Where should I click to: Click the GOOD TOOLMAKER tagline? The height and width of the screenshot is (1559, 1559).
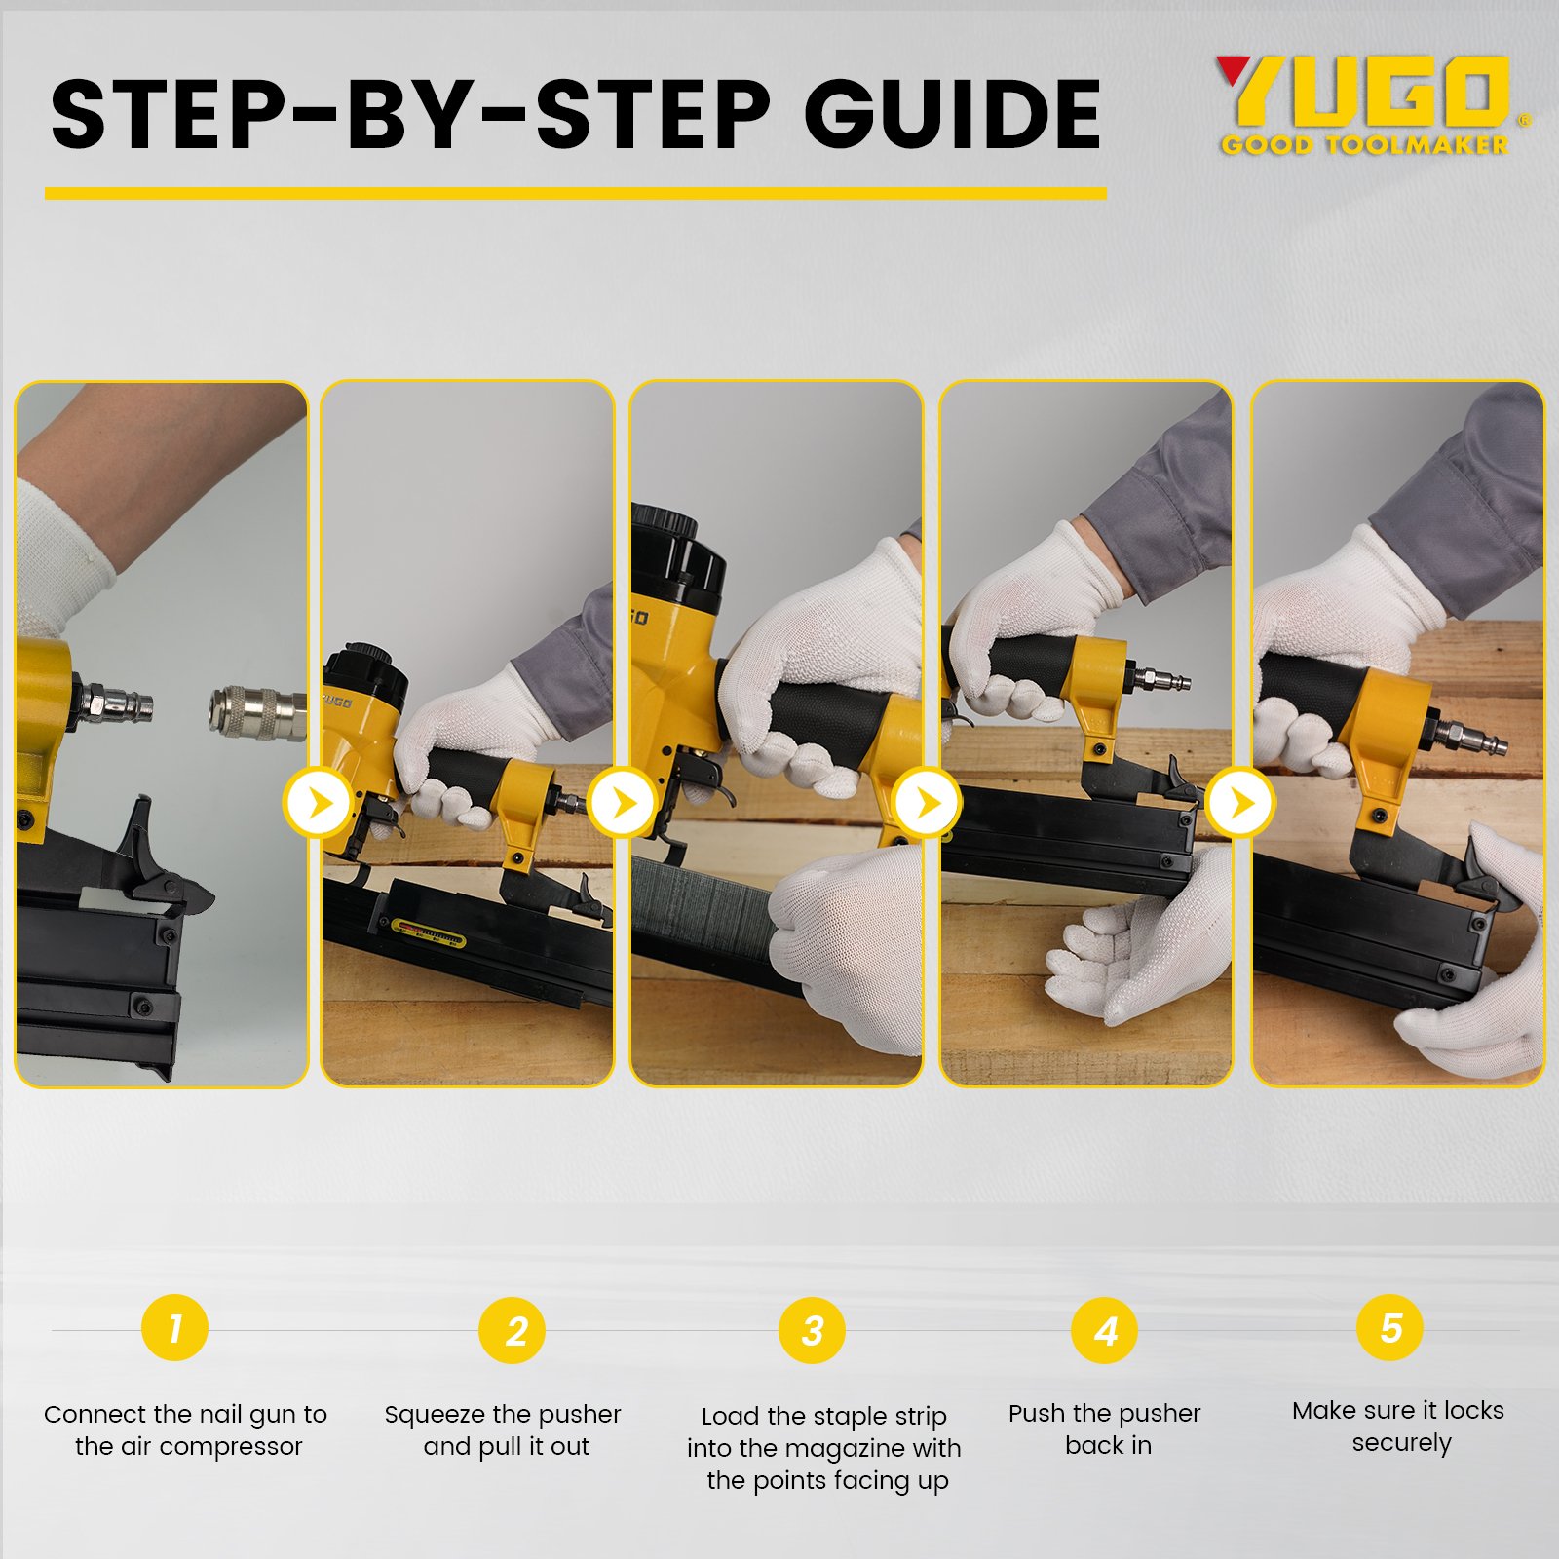pos(1365,145)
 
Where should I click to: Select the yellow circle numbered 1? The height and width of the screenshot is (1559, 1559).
pos(174,1327)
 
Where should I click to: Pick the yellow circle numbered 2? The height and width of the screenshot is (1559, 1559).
pos(512,1331)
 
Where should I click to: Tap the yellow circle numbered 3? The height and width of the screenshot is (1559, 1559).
pos(812,1331)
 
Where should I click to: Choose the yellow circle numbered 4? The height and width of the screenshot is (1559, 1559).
pos(1104,1331)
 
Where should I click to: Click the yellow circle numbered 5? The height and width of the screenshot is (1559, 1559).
pos(1389,1327)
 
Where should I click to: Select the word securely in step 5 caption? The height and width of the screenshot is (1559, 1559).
pos(1401,1443)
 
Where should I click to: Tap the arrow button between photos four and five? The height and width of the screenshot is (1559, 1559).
pos(1239,803)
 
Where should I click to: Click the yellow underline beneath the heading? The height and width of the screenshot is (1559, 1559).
pos(576,193)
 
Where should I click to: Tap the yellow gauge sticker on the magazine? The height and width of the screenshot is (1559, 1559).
pos(428,934)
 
